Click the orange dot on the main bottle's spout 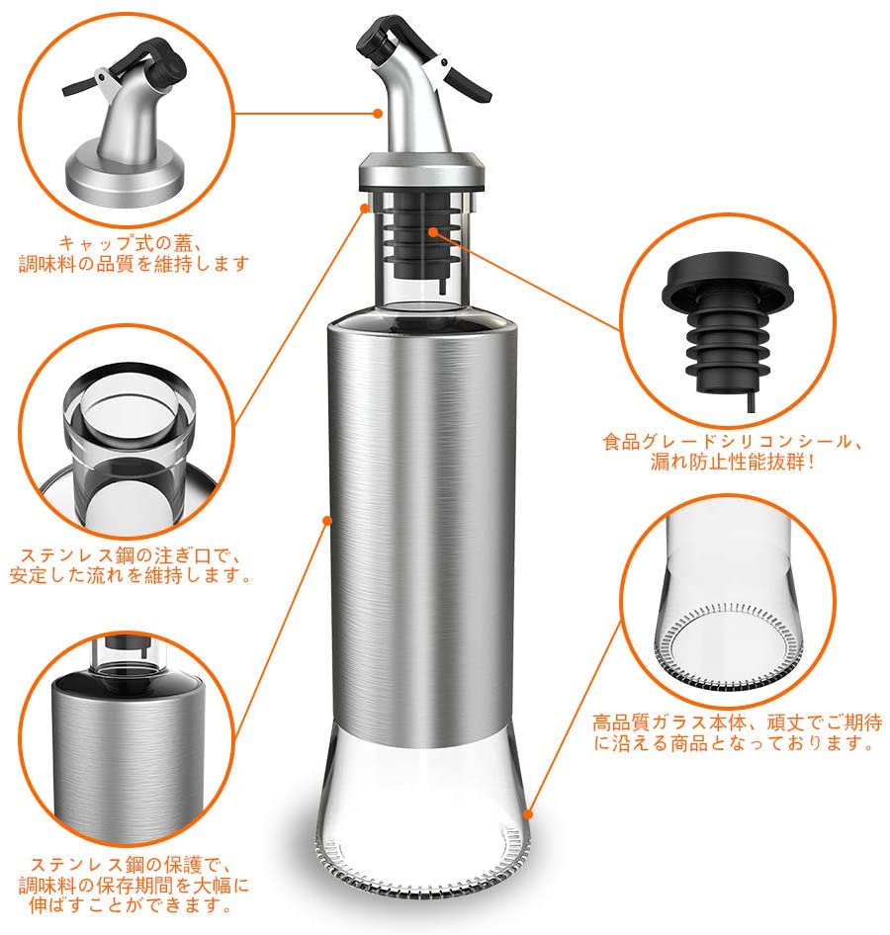click(x=378, y=113)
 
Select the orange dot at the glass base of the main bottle click(x=527, y=813)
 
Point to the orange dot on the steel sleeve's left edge click(x=327, y=521)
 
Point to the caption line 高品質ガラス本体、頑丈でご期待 click(x=738, y=722)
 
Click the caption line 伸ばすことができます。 click(x=131, y=905)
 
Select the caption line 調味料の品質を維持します click(x=133, y=264)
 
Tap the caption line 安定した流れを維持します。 click(x=131, y=575)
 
